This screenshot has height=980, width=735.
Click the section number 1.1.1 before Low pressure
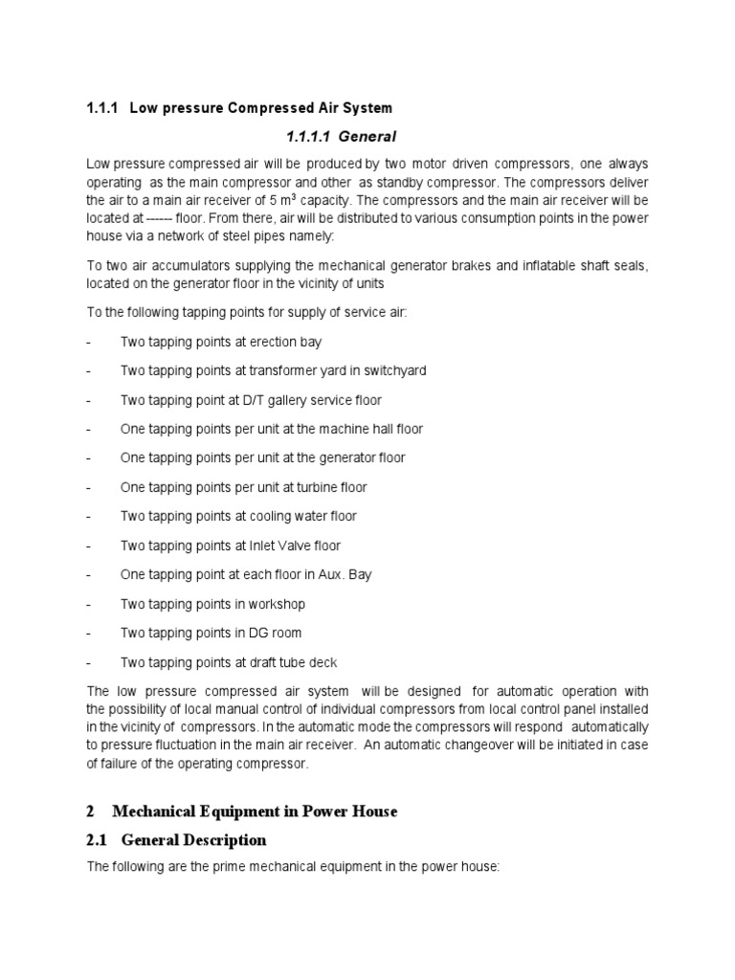[x=101, y=108]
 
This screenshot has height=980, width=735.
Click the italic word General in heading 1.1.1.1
[x=367, y=137]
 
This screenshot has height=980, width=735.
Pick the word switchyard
[x=391, y=371]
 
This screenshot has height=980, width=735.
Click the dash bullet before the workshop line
[x=88, y=605]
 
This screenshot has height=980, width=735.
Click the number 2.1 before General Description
[x=99, y=840]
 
